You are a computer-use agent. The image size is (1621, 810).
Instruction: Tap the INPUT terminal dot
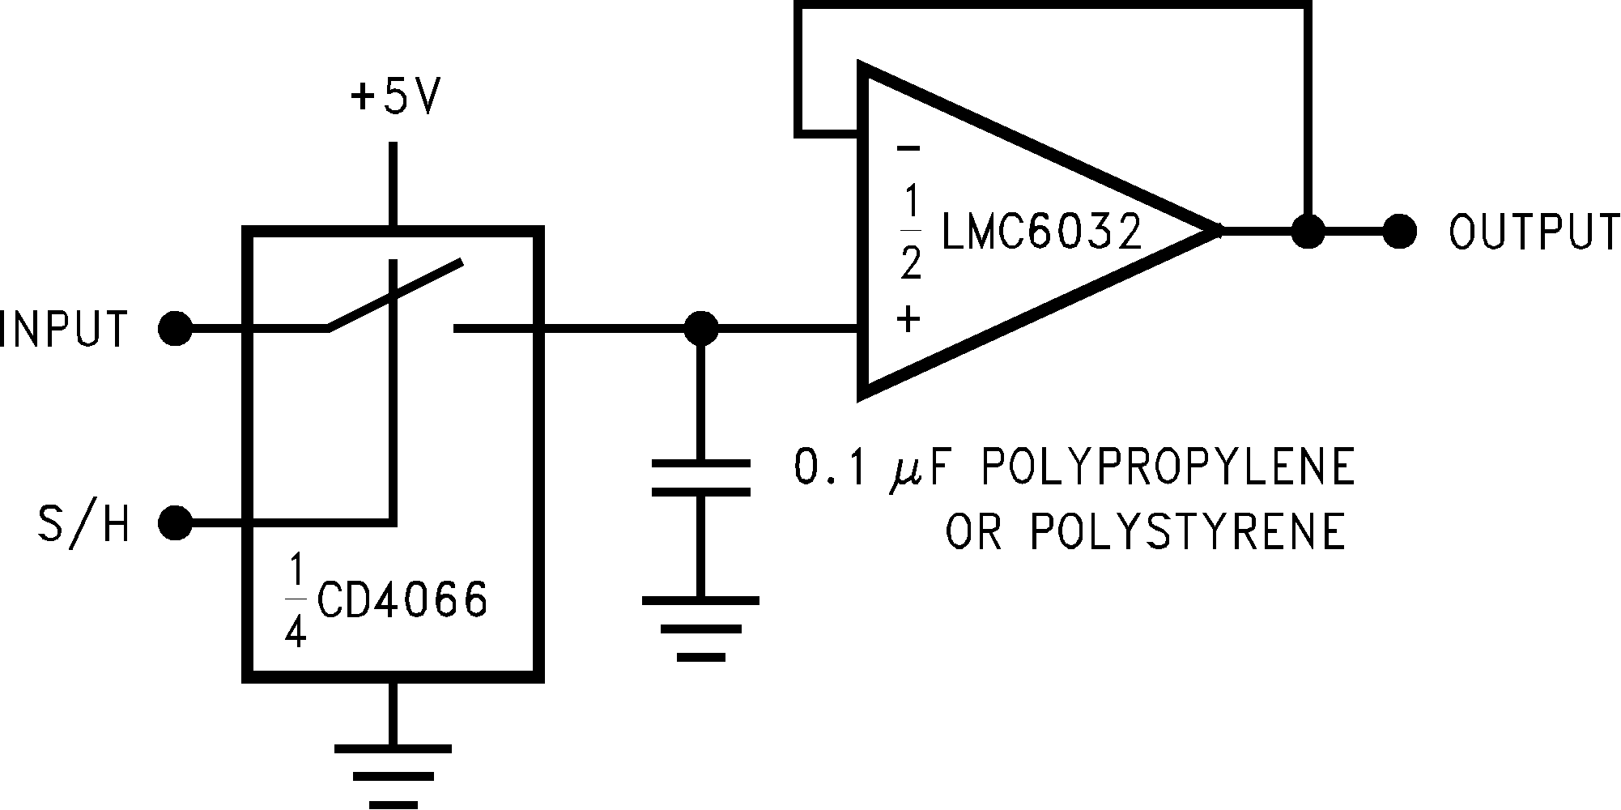175,330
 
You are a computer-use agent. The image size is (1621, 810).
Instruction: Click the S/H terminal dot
175,523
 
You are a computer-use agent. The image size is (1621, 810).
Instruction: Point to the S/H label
84,524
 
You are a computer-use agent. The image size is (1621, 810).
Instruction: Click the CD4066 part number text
402,600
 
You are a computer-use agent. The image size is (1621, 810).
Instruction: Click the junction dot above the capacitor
700,329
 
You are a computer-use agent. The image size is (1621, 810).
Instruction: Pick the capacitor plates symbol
701,477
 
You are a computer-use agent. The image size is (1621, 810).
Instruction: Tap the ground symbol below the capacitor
701,629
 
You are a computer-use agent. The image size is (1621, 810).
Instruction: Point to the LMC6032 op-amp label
1041,232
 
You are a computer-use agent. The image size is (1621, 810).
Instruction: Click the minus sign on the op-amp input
908,148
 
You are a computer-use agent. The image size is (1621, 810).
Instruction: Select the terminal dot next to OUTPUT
1399,232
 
